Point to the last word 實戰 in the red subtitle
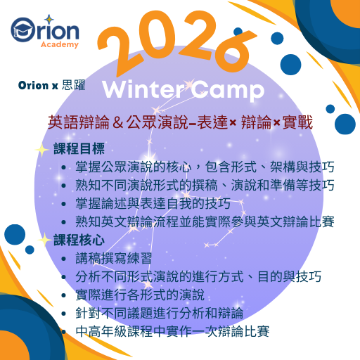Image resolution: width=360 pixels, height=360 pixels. (x=297, y=123)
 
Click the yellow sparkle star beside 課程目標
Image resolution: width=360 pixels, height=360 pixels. (x=44, y=149)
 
